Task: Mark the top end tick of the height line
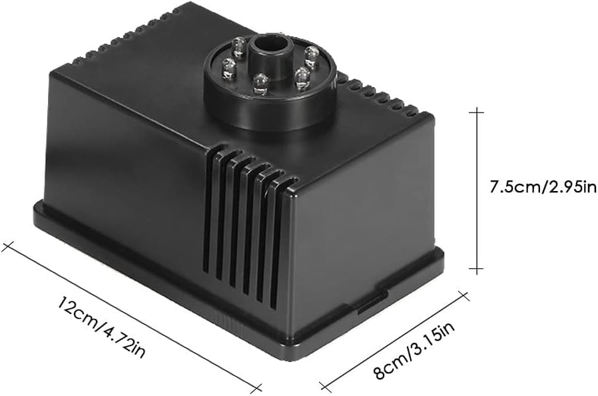point(475,112)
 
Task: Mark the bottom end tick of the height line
point(475,270)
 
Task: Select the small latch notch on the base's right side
point(366,304)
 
